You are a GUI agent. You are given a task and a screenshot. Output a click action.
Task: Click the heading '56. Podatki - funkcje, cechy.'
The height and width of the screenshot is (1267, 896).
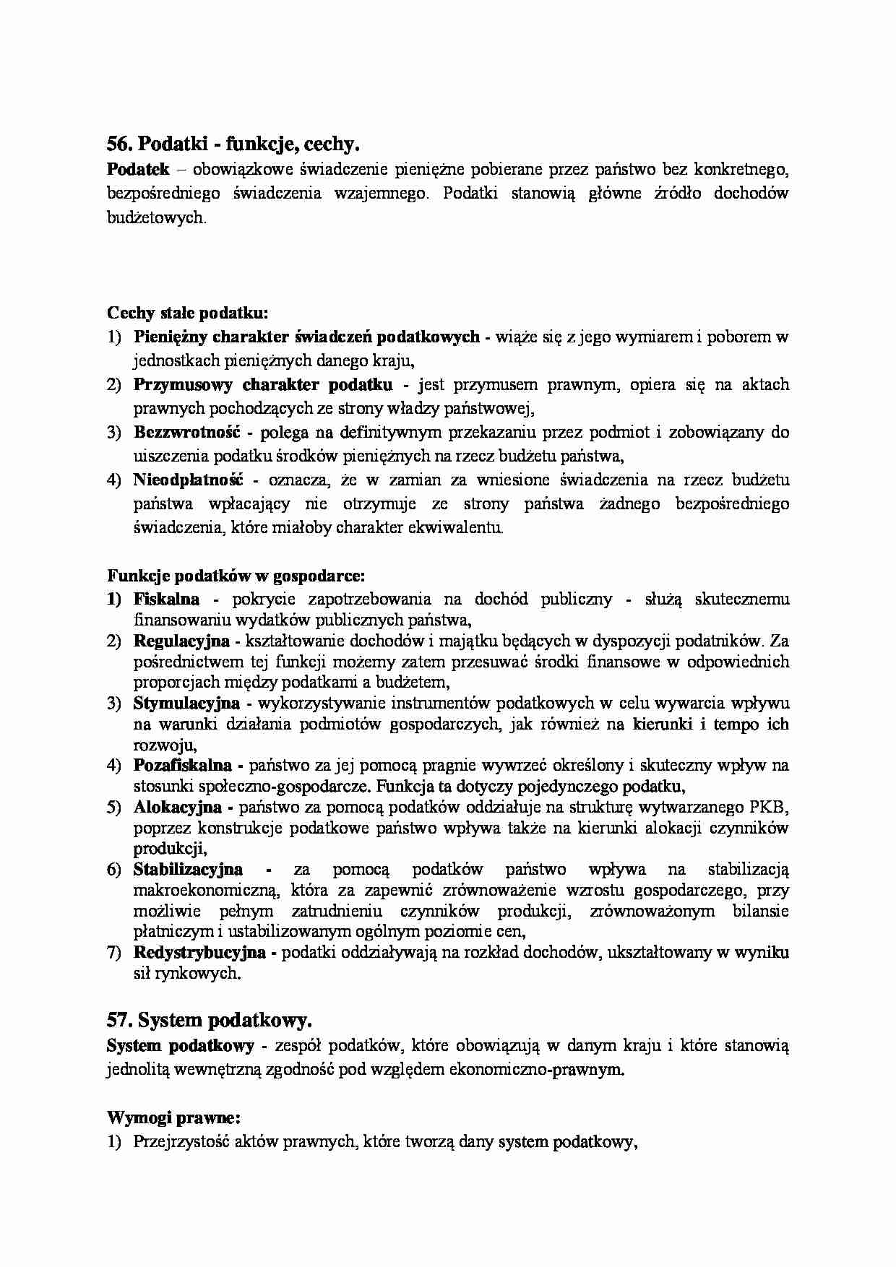pos(233,144)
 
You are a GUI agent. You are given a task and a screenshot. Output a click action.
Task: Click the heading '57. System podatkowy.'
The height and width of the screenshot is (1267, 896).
pos(210,1021)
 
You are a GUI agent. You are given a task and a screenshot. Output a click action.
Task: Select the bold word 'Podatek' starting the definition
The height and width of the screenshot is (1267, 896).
pos(138,169)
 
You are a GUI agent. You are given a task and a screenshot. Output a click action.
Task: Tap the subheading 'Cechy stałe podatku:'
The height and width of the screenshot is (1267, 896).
pos(188,313)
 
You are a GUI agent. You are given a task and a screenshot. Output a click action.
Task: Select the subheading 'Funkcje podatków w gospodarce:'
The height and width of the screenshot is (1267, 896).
pos(236,576)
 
